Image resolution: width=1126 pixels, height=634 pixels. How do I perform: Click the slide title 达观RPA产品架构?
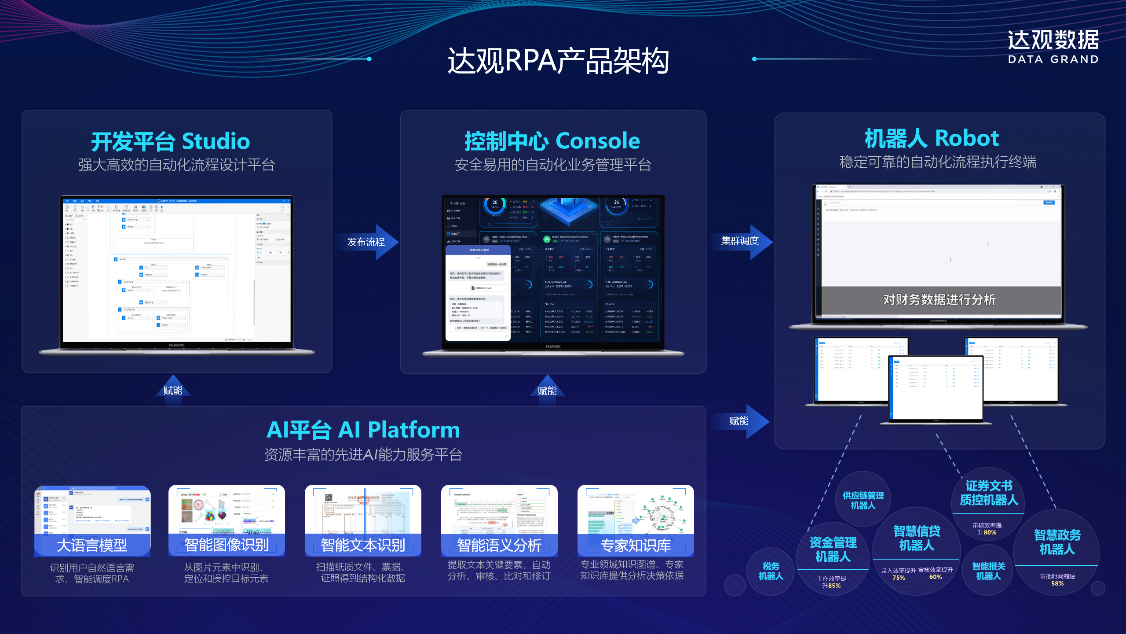(558, 61)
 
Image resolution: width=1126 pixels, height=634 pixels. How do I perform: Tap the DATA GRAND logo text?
(1053, 59)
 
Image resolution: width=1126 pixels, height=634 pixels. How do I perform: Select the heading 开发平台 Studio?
(170, 141)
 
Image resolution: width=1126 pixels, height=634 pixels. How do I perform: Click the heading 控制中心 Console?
(552, 141)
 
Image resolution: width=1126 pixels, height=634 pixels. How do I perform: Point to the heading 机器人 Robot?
(932, 138)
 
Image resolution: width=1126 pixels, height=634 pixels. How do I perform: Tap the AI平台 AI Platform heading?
(363, 430)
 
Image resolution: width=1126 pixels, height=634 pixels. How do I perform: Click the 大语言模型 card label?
(92, 546)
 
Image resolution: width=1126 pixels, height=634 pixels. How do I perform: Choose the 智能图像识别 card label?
(227, 545)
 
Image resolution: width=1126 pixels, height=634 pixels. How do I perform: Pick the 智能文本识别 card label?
(363, 545)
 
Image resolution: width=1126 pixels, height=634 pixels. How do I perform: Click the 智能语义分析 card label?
(499, 545)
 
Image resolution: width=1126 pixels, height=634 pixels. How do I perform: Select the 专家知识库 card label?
(636, 545)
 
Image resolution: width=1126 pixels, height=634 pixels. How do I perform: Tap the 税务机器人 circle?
(771, 571)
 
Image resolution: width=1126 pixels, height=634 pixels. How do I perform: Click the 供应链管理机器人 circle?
(863, 500)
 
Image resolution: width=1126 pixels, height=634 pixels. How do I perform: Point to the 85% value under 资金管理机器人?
(834, 586)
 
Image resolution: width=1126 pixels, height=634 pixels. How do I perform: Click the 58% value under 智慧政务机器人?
(1057, 583)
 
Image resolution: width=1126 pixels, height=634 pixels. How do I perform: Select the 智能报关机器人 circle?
(988, 571)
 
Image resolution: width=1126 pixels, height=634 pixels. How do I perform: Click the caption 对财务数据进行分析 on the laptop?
(939, 300)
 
